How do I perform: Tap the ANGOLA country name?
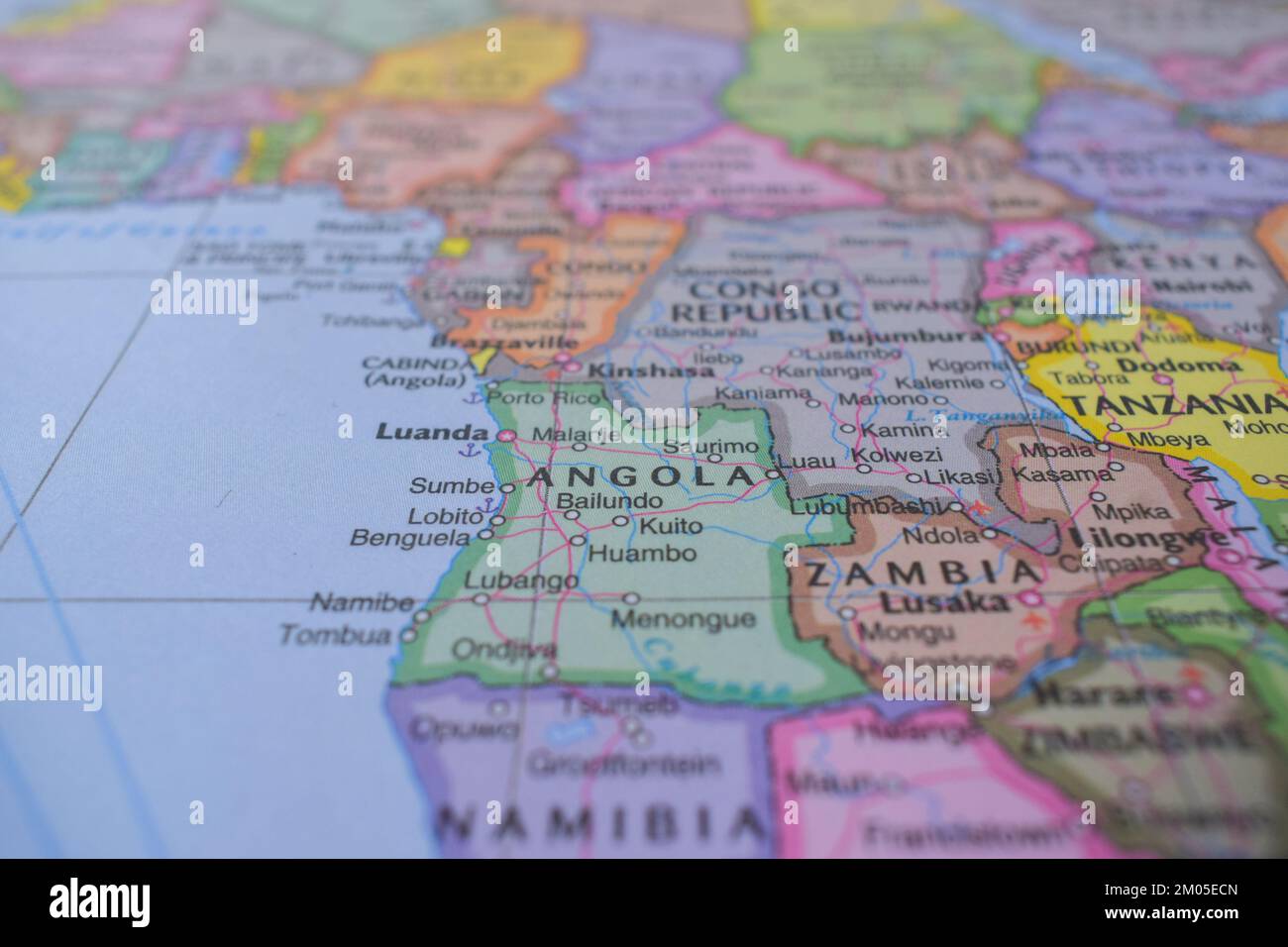point(642,477)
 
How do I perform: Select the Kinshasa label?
point(650,370)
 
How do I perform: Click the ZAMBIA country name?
point(921,574)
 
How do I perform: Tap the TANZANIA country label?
point(1171,404)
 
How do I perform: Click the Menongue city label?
point(683,620)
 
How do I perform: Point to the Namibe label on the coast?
point(362,601)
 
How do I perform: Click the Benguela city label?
point(409,538)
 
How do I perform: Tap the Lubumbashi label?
point(866,506)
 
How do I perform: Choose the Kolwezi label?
point(897,456)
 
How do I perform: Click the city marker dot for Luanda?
point(506,435)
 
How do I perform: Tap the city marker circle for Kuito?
point(621,521)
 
